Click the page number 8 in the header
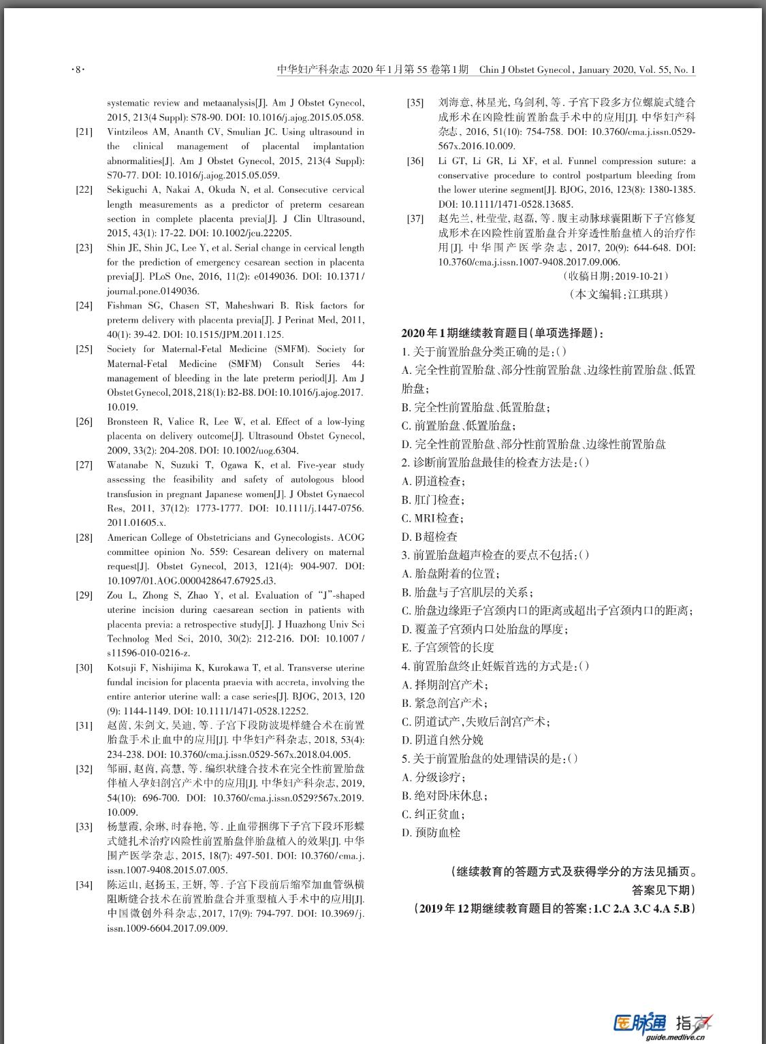[x=78, y=70]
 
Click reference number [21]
[x=84, y=132]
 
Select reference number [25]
[x=84, y=349]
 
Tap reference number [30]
[x=84, y=668]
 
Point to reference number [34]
[x=84, y=885]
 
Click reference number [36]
[x=415, y=161]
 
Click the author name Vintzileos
[x=127, y=132]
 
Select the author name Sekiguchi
[x=127, y=190]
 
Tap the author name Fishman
[x=125, y=306]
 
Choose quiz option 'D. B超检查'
[x=430, y=537]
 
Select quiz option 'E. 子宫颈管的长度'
[x=447, y=648]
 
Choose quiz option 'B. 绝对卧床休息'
[x=444, y=795]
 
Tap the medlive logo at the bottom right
[x=663, y=1024]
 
